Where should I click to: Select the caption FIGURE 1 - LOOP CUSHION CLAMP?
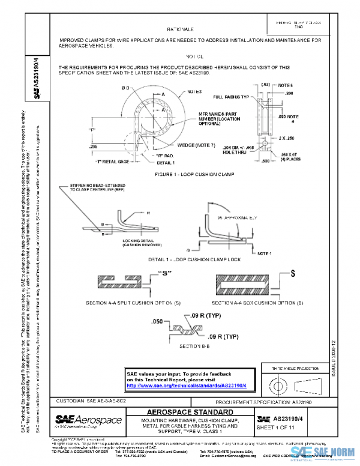coord(186,174)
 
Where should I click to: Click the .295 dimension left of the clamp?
coord(93,146)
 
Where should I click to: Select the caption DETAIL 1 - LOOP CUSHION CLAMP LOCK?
coord(190,260)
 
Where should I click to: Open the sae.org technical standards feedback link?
coord(191,386)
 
